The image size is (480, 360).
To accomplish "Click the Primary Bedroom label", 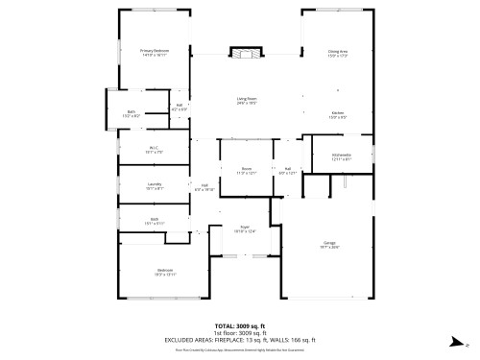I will (154, 52).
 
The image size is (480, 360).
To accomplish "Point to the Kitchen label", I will (338, 114).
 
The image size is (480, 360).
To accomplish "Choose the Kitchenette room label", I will (341, 156).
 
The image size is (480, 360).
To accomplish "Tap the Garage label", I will (329, 244).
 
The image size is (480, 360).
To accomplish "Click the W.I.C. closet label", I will (154, 150).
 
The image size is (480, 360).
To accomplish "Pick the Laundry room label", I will (154, 185).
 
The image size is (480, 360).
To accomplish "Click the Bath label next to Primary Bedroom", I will (132, 113).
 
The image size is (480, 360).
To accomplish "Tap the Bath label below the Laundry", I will (154, 220).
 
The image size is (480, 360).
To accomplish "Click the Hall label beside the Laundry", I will (204, 187).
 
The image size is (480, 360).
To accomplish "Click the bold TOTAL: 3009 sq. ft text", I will (239, 326).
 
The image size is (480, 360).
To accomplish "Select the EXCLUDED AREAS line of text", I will (239, 340).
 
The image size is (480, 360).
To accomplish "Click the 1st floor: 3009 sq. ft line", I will (239, 333).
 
